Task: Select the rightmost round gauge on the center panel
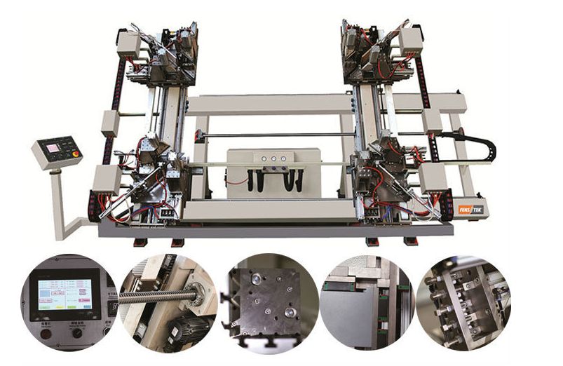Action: tap(284, 159)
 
